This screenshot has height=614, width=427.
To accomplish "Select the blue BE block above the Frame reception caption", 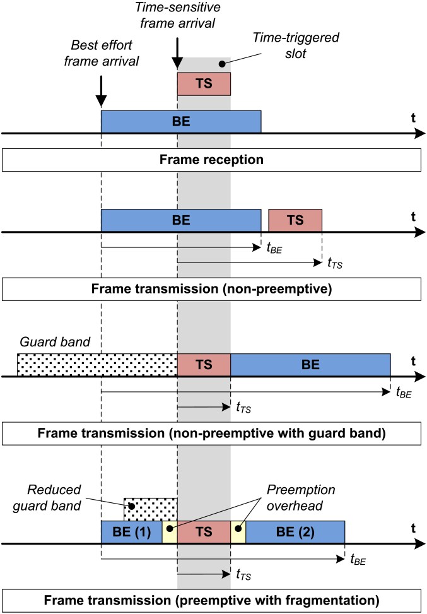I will coord(181,121).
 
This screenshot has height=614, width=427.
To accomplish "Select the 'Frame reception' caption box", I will coord(211,160).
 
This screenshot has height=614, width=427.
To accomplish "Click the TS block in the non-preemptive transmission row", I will coord(295,221).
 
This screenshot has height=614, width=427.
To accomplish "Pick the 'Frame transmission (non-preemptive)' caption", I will coord(211,290).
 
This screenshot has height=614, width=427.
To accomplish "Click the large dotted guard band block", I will coord(97,364).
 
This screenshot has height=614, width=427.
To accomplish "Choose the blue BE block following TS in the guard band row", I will coord(310,364).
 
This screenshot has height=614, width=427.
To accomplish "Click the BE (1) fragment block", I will coord(131,532).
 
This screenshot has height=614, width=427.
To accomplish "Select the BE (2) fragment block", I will coord(295,532).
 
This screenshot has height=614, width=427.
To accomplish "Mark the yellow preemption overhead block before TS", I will coord(170,532).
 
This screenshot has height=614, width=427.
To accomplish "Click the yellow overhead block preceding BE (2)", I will coord(238,532).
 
